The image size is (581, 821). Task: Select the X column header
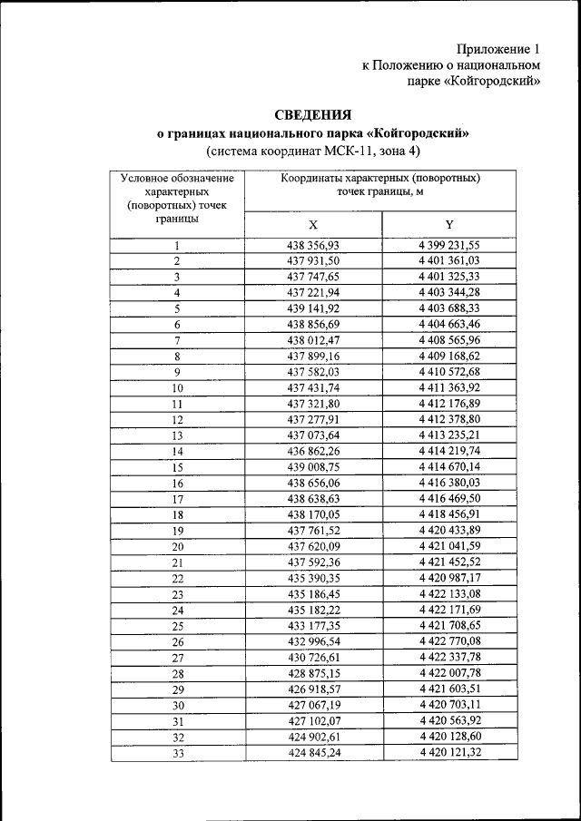pos(312,225)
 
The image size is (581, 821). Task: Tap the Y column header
pos(449,225)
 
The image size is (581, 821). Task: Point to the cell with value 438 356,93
pos(312,245)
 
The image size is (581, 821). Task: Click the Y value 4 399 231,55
pos(449,245)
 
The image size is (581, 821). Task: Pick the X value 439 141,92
pos(312,308)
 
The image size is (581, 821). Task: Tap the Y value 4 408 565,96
pos(449,340)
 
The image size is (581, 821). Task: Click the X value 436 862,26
pos(312,451)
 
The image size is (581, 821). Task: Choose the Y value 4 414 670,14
pos(449,466)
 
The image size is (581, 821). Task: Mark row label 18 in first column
pos(177,514)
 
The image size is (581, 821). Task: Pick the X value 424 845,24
pos(312,752)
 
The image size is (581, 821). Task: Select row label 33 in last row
pos(177,752)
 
